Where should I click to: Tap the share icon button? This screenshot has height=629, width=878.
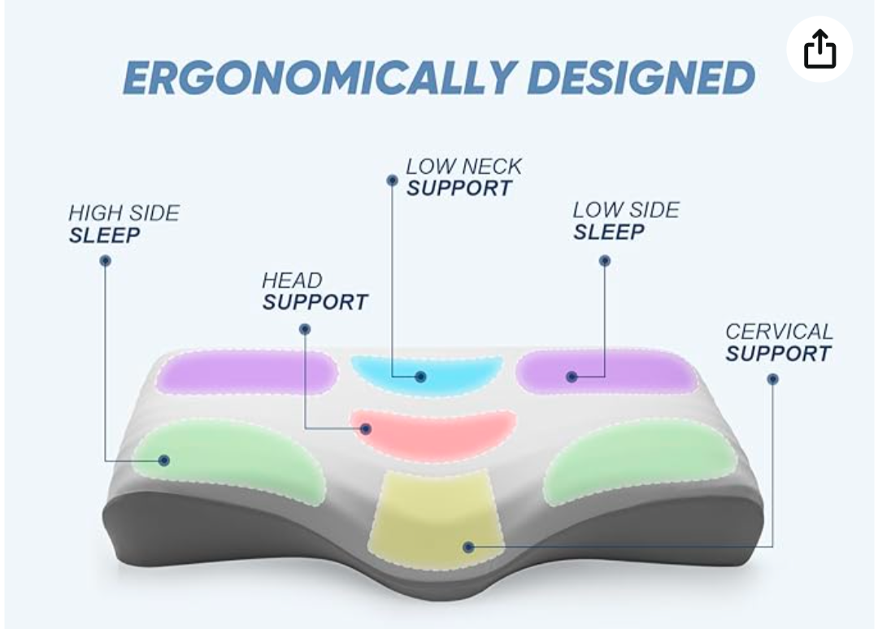(x=819, y=50)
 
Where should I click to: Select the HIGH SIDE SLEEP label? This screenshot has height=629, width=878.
(x=124, y=223)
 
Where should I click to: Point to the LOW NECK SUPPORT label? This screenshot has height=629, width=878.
(x=463, y=177)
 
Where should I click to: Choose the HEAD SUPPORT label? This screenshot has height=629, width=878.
(x=315, y=291)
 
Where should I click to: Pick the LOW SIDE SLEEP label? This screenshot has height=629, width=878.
(x=626, y=221)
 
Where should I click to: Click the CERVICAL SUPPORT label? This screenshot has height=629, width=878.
(x=779, y=342)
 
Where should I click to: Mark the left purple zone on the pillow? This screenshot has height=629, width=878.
(x=246, y=373)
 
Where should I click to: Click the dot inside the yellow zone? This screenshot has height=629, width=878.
(x=469, y=547)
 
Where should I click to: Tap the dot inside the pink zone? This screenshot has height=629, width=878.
(x=366, y=429)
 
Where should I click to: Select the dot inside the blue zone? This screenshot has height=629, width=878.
(x=420, y=376)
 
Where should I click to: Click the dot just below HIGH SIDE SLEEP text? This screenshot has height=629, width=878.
(x=105, y=261)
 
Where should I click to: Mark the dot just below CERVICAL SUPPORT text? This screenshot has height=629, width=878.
(x=773, y=380)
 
